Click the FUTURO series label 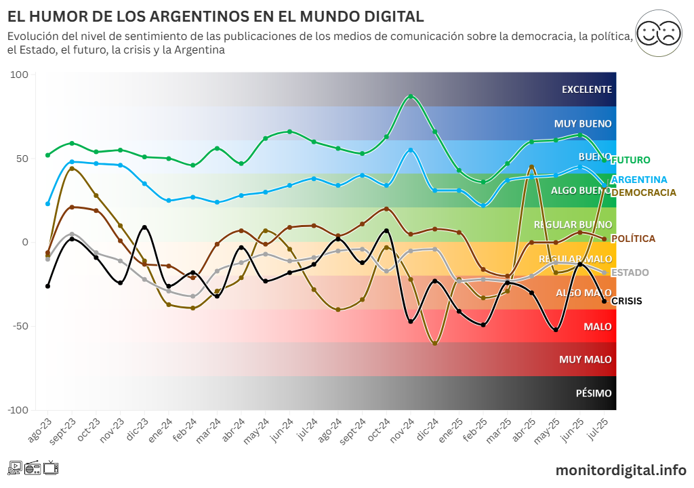(630, 160)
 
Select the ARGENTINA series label (639, 180)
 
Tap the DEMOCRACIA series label (643, 192)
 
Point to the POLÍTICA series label (633, 239)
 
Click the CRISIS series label (626, 301)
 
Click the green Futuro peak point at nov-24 (411, 96)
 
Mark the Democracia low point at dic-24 (434, 343)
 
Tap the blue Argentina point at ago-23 (47, 203)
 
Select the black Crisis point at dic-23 (144, 228)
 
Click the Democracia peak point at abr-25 (531, 167)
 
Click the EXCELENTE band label (586, 89)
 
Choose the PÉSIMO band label (593, 393)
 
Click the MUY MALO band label (585, 359)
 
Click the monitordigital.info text (621, 470)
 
